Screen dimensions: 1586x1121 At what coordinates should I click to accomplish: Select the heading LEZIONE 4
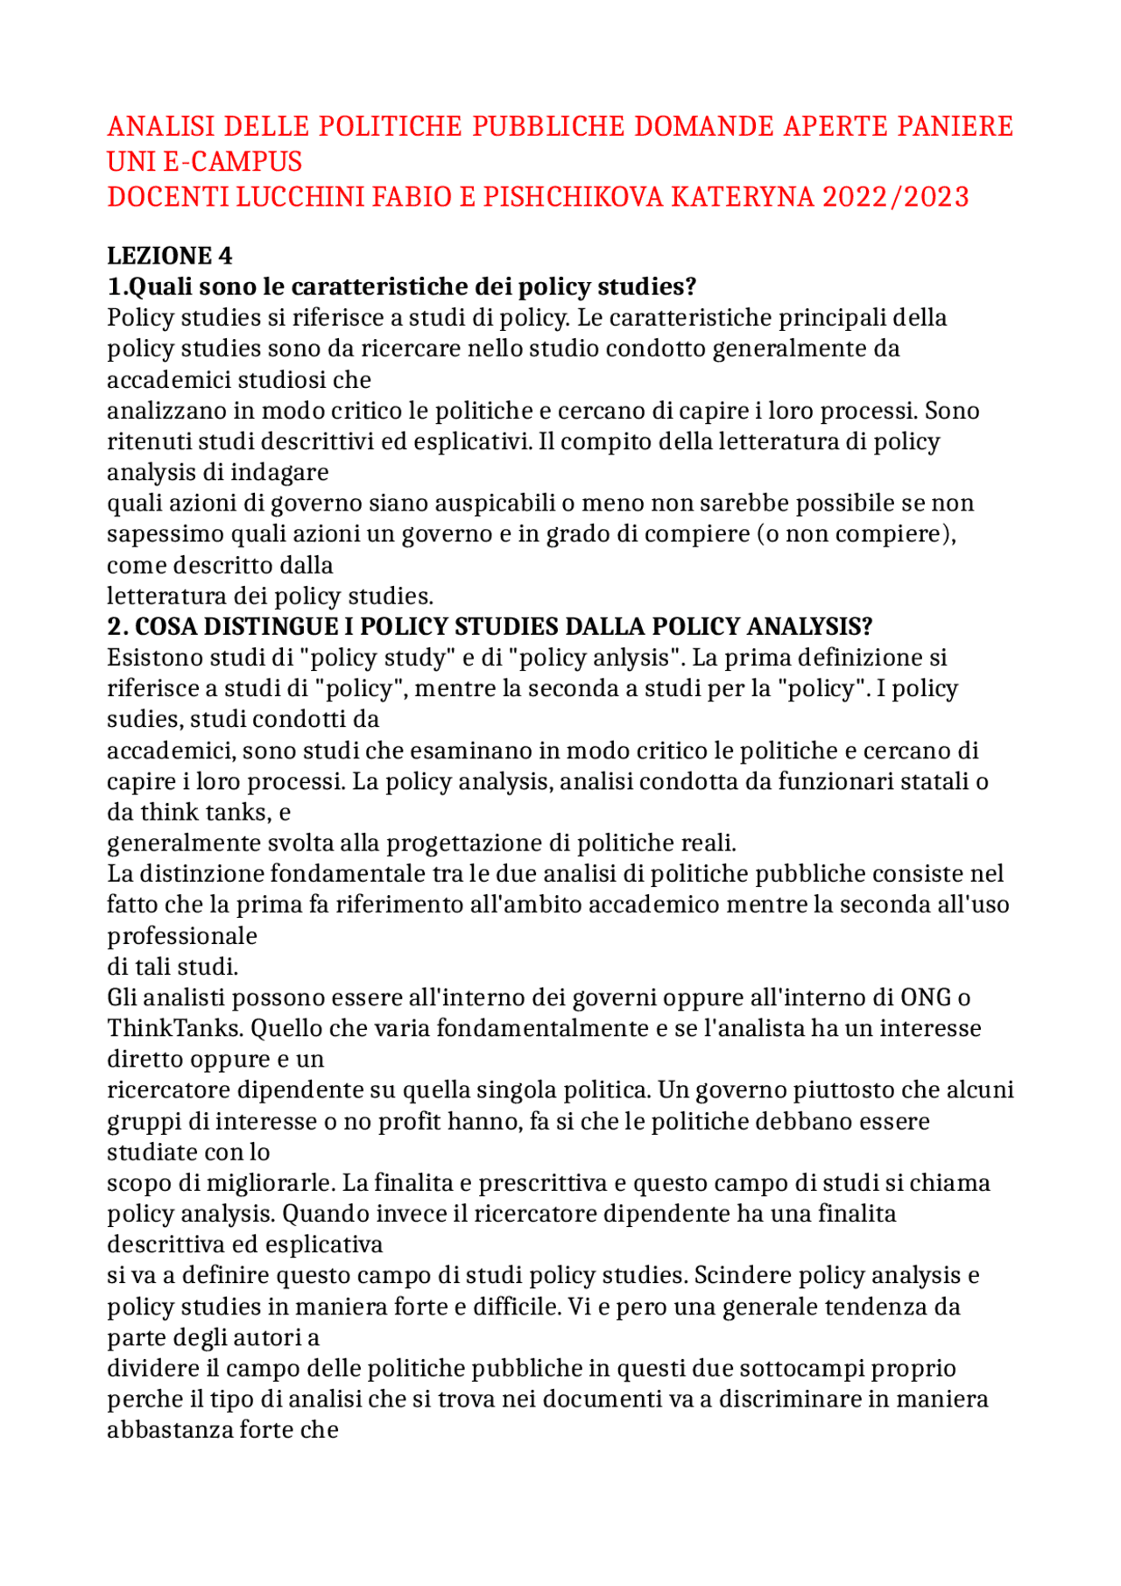point(170,256)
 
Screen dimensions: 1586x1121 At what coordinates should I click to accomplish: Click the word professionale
point(182,936)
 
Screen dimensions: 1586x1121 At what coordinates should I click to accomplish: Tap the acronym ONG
point(927,997)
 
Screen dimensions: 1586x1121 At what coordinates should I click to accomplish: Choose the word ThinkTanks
point(168,1028)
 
